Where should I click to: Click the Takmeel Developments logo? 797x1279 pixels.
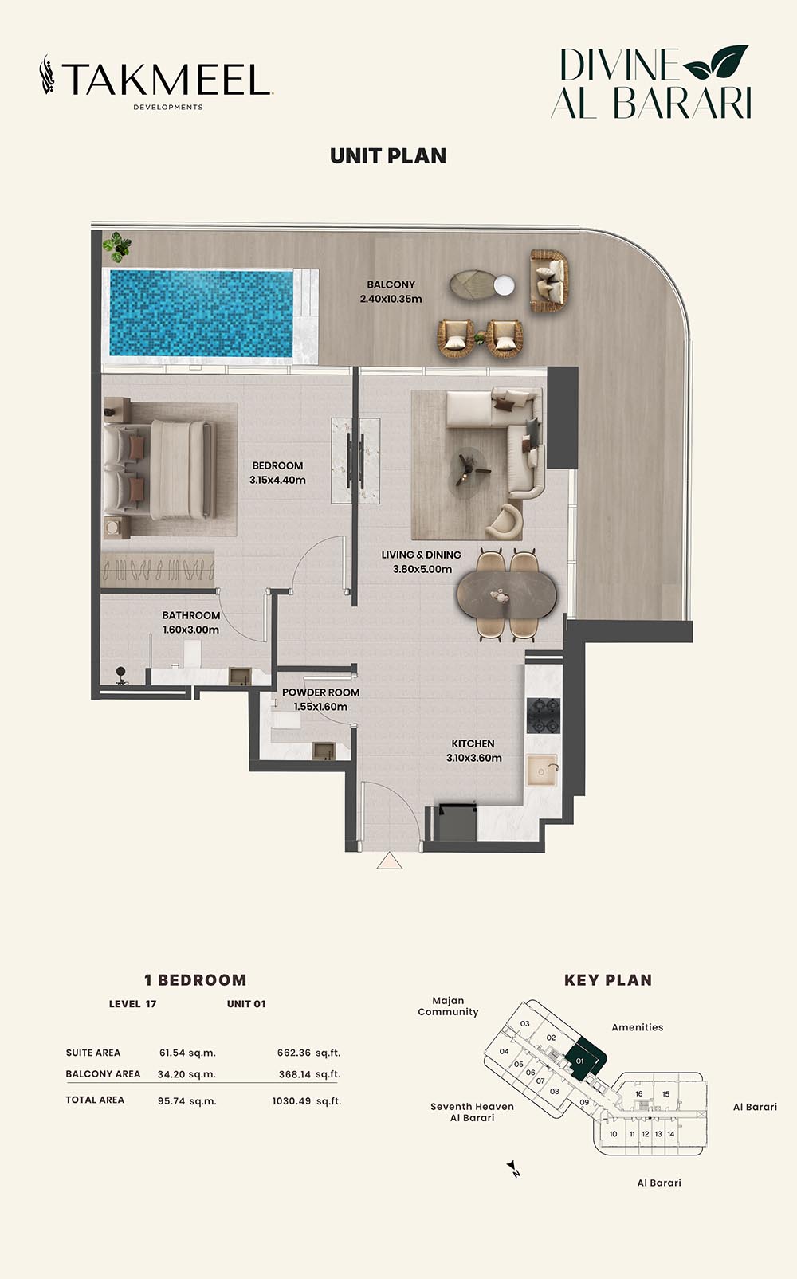click(x=156, y=82)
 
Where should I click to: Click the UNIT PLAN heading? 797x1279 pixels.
click(x=388, y=156)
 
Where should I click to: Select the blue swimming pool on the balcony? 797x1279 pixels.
click(x=201, y=313)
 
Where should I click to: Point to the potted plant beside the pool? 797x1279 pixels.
click(x=118, y=245)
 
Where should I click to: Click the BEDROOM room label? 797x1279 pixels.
click(x=277, y=466)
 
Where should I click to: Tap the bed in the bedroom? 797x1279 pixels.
click(x=160, y=469)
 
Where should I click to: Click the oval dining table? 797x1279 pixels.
click(x=506, y=595)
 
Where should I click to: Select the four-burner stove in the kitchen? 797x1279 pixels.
click(x=543, y=716)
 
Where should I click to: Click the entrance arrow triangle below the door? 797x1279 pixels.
click(x=390, y=861)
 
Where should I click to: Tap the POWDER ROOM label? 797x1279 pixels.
click(x=321, y=692)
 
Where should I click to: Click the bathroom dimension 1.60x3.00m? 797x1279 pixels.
click(x=190, y=630)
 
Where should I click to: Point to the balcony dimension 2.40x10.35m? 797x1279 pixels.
click(x=391, y=299)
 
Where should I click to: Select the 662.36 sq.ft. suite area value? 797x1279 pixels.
click(x=309, y=1053)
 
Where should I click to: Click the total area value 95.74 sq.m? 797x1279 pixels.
click(x=187, y=1101)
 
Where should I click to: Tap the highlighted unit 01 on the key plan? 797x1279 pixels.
click(x=583, y=1059)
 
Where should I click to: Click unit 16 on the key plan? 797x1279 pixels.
click(x=639, y=1094)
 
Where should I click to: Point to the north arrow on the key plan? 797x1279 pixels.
click(x=514, y=1168)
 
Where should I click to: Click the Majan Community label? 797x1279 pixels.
click(x=448, y=1006)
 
